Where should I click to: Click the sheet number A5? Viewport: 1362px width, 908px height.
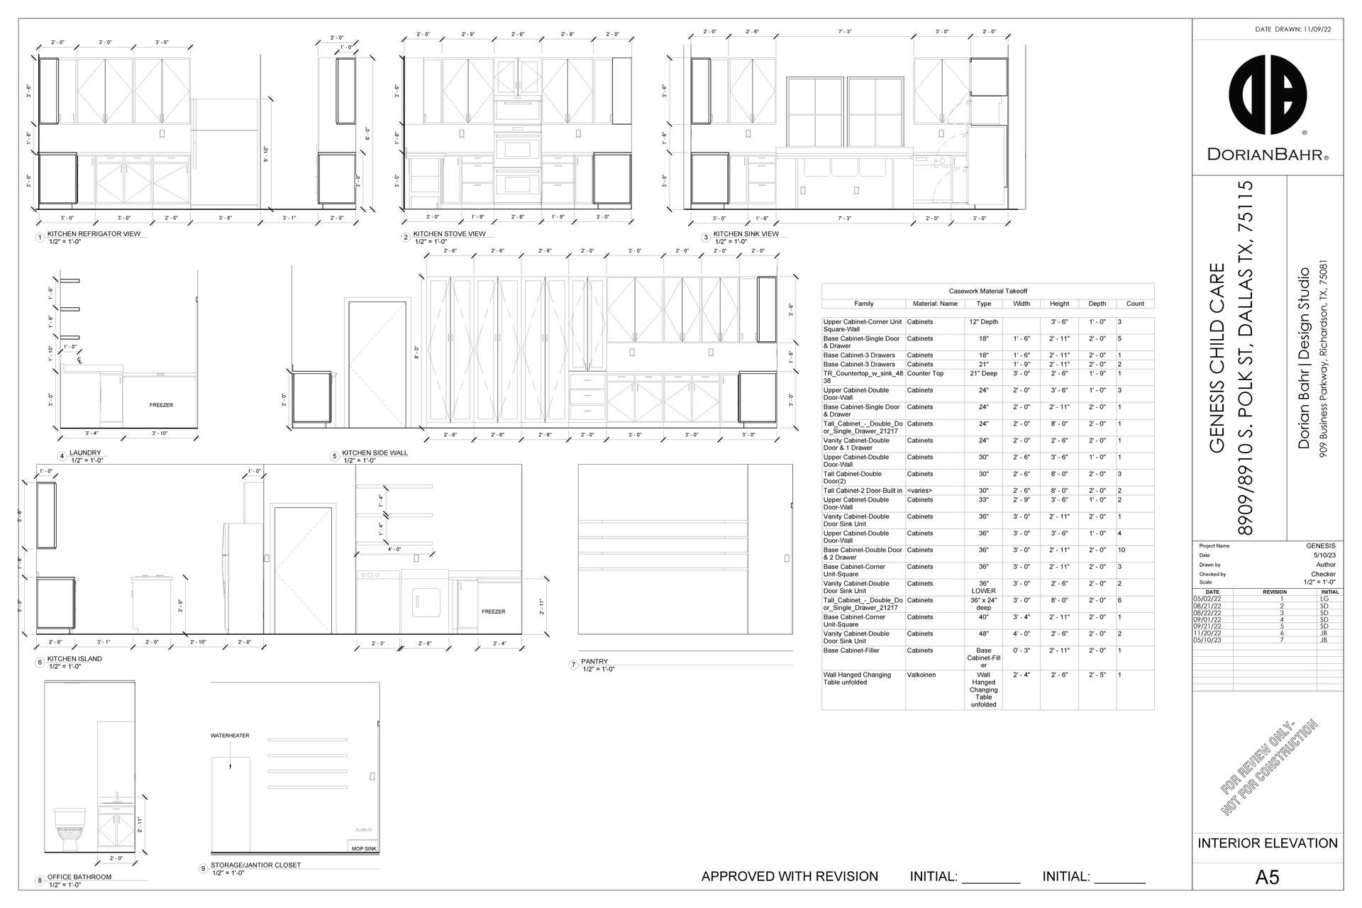1267,877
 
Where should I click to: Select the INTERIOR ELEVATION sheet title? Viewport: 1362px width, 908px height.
1268,843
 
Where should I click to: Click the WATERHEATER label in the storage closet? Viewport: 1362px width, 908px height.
230,736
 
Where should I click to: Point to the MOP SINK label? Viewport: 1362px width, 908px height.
364,848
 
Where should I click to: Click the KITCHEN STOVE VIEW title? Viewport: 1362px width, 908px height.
449,234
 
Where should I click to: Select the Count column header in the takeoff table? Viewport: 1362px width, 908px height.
1134,304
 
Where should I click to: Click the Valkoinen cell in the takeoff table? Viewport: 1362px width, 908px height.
921,675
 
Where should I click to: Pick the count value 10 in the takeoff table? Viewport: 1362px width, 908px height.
1122,550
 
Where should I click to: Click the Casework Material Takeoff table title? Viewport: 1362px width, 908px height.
987,291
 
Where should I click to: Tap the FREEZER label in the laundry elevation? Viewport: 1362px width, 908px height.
161,405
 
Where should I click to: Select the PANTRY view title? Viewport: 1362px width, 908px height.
594,661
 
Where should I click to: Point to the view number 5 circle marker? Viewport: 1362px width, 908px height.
335,456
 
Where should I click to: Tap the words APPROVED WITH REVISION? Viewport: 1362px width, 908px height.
790,877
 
